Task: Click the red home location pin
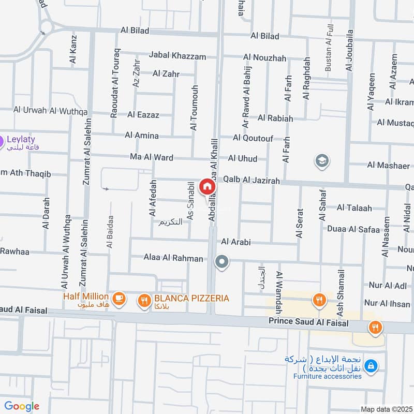tap(206, 187)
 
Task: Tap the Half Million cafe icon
tap(119, 299)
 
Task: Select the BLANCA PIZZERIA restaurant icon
tap(143, 299)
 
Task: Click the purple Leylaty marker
tap(2, 140)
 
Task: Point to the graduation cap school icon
tap(321, 161)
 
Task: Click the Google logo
tap(22, 406)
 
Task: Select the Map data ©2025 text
tap(386, 409)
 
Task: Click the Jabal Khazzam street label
tap(177, 56)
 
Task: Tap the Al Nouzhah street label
tap(264, 58)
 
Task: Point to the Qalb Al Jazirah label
tap(251, 181)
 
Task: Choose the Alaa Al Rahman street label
tap(173, 258)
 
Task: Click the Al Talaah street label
tap(354, 208)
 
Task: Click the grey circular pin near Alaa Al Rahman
tap(222, 262)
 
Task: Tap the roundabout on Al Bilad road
tap(46, 26)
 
